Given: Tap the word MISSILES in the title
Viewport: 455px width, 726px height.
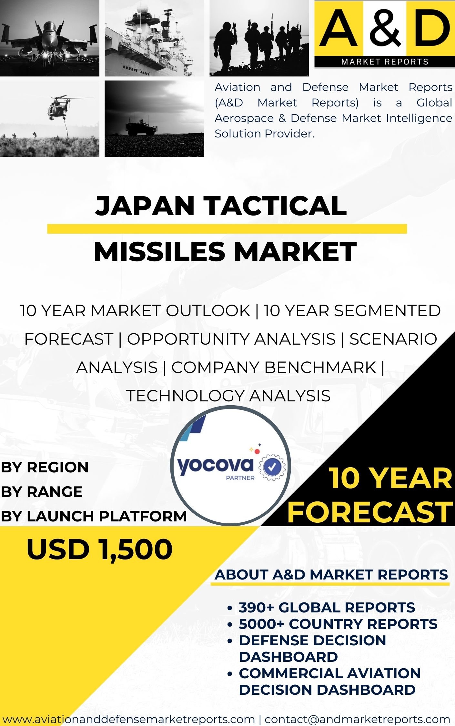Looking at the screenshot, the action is coord(159,252).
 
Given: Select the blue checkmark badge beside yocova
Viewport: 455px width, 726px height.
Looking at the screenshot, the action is coord(272,466).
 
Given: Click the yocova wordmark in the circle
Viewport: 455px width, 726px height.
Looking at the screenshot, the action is coord(215,466).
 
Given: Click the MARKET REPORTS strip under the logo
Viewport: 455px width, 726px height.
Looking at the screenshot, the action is coord(385,62).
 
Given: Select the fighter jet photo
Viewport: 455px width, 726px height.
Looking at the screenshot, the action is coord(50,38).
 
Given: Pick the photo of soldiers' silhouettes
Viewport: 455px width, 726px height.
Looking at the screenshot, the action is coord(259,38).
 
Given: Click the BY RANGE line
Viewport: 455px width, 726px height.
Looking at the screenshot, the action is coord(42,492).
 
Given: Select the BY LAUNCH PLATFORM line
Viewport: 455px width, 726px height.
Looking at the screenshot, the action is coord(94,516).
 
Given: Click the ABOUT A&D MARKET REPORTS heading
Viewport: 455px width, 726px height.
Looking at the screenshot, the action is coord(331,575).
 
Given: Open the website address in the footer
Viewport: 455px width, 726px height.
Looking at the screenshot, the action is coord(129,719).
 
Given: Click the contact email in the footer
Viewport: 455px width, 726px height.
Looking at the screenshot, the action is coord(357,719).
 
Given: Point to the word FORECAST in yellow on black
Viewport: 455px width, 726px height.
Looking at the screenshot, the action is coord(370,512).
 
